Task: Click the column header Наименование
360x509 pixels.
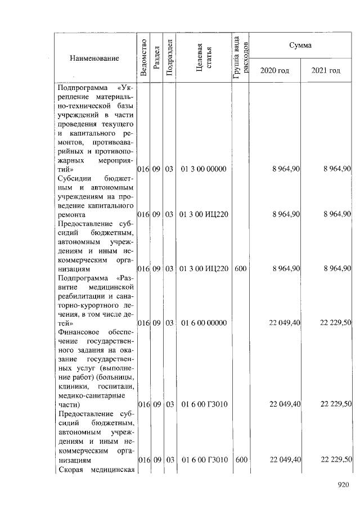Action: [x=94, y=58]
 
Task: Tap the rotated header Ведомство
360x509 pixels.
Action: [x=143, y=57]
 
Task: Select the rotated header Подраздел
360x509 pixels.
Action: [x=169, y=57]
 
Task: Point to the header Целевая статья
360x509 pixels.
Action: [x=204, y=57]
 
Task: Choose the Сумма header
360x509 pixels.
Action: [x=300, y=44]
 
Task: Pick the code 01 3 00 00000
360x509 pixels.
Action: [x=203, y=169]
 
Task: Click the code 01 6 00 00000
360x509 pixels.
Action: [x=203, y=323]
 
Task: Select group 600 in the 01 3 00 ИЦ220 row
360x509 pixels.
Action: [x=241, y=269]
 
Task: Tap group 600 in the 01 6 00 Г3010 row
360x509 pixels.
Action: [x=241, y=460]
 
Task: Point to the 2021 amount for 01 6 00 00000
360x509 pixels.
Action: [x=335, y=323]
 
